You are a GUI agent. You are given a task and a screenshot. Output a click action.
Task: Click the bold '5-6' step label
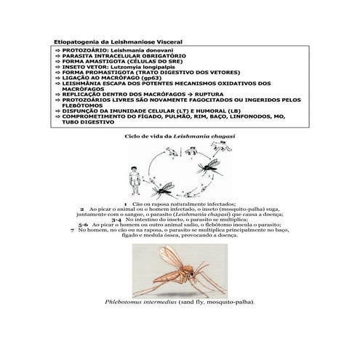pos(84,225)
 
